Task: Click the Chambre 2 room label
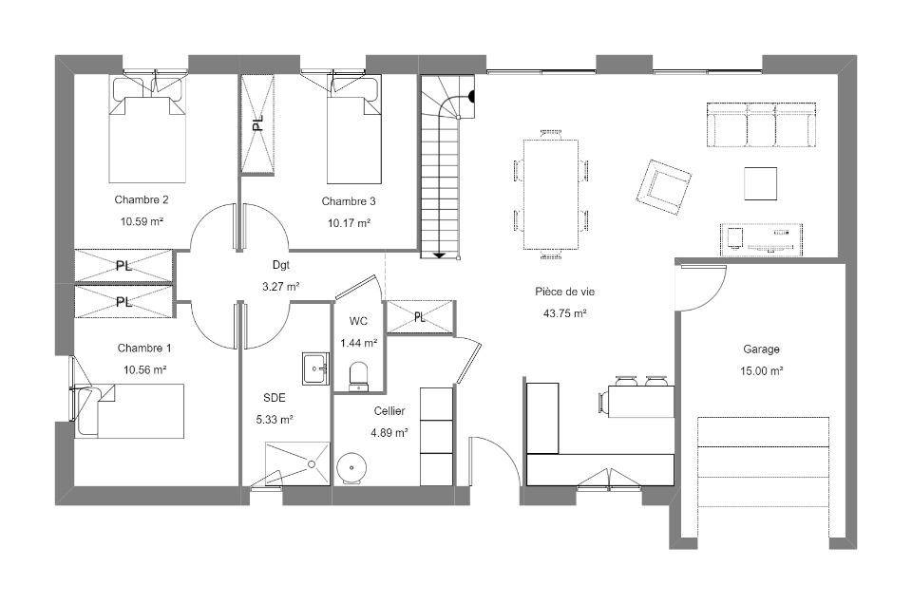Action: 142,200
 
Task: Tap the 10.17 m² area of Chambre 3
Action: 349,222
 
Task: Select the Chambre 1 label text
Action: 144,349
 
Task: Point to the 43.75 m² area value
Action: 564,313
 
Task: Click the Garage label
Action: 761,349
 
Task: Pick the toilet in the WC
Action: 358,376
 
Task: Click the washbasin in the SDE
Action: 315,368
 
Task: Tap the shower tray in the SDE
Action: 297,463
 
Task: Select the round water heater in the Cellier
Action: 351,468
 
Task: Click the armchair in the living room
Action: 664,187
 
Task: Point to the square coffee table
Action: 761,183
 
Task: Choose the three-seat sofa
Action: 762,125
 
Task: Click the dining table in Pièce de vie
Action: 551,195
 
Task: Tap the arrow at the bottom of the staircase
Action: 439,255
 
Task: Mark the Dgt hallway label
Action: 281,265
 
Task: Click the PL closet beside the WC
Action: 420,317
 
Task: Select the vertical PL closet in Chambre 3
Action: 257,123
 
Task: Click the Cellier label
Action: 389,411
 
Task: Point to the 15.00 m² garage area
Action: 761,371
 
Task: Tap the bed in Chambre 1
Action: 130,410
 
